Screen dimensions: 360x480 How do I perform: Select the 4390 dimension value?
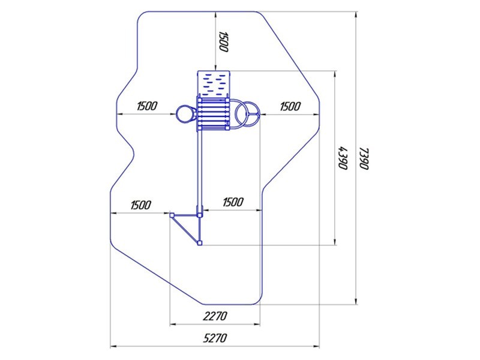[x=343, y=158]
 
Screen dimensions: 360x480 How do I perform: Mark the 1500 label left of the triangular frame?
[x=139, y=205]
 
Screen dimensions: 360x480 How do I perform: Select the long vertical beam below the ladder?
[x=200, y=168]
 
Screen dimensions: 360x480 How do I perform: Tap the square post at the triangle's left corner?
[x=172, y=214]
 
